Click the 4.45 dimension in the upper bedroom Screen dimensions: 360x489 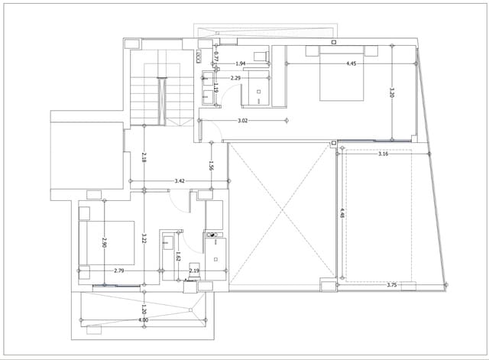(x=352, y=64)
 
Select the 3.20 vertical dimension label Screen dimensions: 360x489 (x=391, y=92)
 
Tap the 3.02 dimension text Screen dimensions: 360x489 (x=242, y=121)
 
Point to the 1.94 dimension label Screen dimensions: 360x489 (x=240, y=64)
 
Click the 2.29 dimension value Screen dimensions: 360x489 (x=235, y=78)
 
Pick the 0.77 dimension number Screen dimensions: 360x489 (x=216, y=57)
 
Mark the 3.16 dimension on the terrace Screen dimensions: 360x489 (x=384, y=154)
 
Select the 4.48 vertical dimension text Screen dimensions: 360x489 (x=342, y=215)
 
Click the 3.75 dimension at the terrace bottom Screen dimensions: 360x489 (x=391, y=285)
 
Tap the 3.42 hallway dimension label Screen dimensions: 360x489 (x=179, y=181)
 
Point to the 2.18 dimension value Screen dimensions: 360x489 (x=144, y=158)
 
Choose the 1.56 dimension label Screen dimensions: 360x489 (x=211, y=165)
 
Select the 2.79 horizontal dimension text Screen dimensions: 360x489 (x=119, y=271)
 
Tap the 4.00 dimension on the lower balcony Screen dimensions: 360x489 (x=143, y=320)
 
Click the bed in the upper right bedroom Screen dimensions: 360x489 (x=341, y=76)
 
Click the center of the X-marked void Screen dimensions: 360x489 (x=281, y=216)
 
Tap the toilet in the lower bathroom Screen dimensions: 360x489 (x=212, y=240)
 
